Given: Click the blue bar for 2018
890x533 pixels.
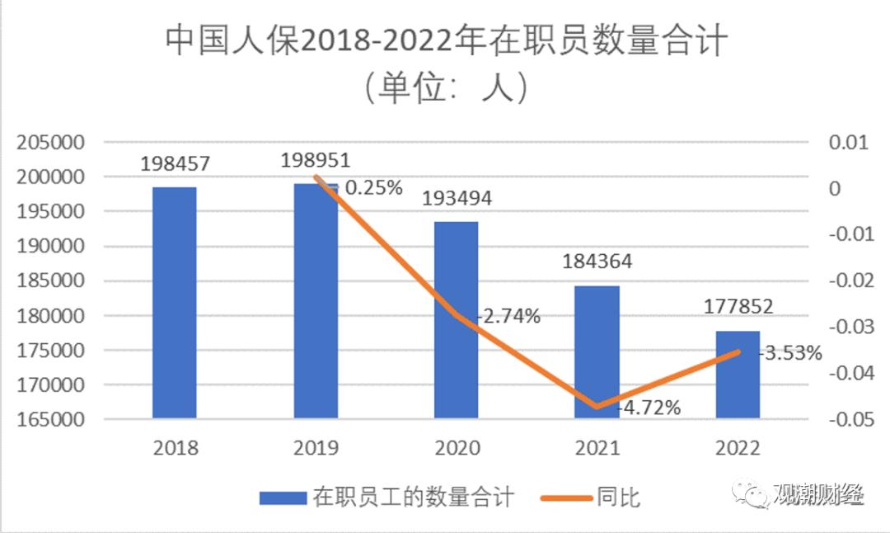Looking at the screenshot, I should click(175, 302).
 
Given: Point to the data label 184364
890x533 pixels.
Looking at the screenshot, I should click(597, 262).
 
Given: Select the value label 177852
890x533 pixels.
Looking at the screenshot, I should click(738, 307).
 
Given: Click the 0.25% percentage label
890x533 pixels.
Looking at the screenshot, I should click(373, 188).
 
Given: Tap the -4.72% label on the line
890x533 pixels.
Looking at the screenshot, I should click(651, 407).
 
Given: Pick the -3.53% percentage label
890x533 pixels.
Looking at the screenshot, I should click(791, 354).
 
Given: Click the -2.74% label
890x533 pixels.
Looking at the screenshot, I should click(510, 316).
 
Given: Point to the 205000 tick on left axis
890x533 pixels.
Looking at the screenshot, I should click(51, 143).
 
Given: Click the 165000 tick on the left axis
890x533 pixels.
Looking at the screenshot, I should click(51, 419).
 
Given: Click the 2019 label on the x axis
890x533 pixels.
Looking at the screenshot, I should click(316, 448).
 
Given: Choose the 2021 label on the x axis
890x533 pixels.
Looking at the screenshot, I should click(597, 448).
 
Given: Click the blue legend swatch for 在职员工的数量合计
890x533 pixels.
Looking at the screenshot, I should click(283, 498).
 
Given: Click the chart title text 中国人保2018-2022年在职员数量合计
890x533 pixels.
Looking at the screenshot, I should click(445, 40).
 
